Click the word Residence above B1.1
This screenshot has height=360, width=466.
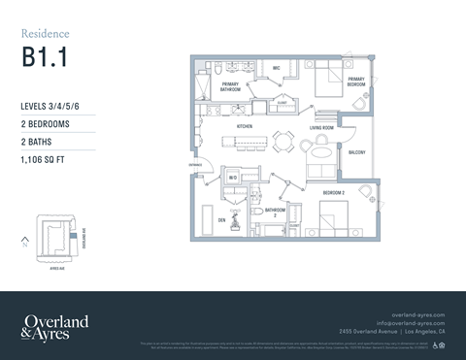[45, 34]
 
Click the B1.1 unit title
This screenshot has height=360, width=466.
[44, 56]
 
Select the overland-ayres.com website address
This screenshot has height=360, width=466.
[416, 314]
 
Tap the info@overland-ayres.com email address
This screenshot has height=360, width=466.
[410, 322]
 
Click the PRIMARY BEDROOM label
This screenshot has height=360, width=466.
[356, 82]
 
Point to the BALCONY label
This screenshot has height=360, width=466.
[357, 152]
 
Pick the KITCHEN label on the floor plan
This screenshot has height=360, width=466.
[245, 127]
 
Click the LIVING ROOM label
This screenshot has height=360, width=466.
[322, 127]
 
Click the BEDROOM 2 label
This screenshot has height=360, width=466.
[335, 193]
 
